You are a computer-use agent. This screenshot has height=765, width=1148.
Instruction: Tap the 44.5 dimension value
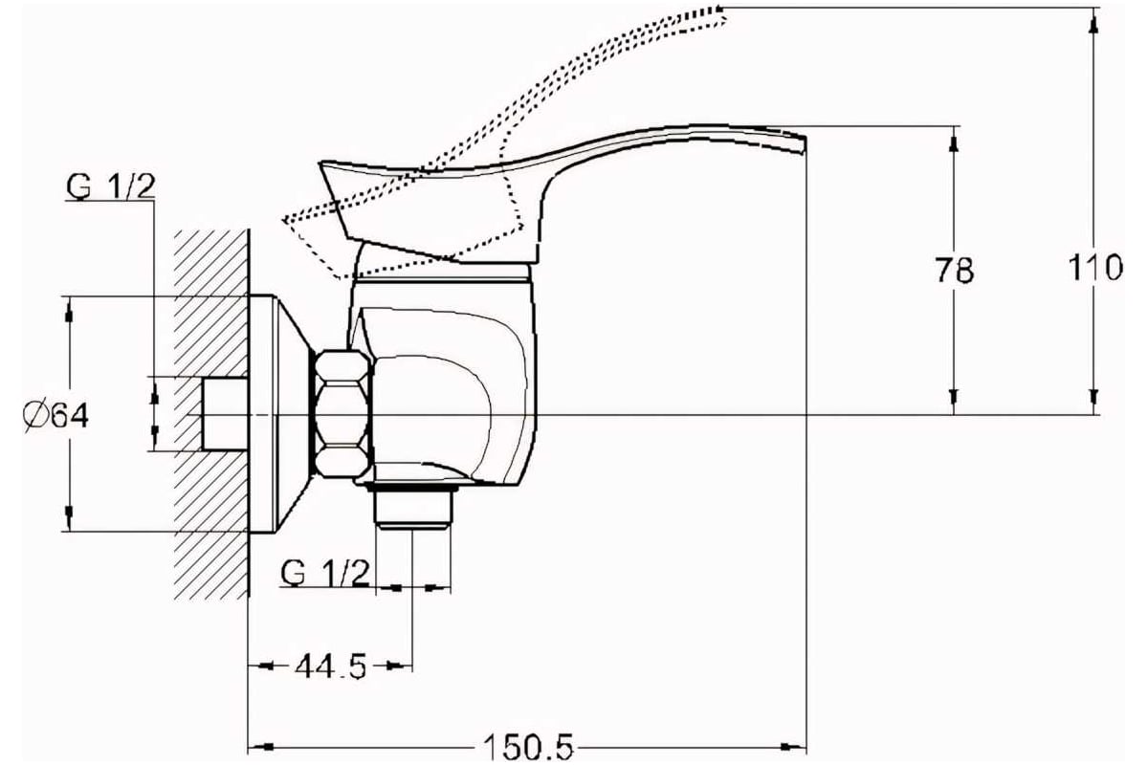(x=331, y=666)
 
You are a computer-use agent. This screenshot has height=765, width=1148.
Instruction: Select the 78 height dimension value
(x=954, y=270)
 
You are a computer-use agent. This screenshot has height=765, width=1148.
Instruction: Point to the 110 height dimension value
(x=1095, y=268)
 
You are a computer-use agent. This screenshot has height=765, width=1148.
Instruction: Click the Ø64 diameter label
(x=56, y=416)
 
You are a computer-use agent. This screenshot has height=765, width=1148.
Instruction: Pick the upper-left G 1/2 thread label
(x=110, y=186)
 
